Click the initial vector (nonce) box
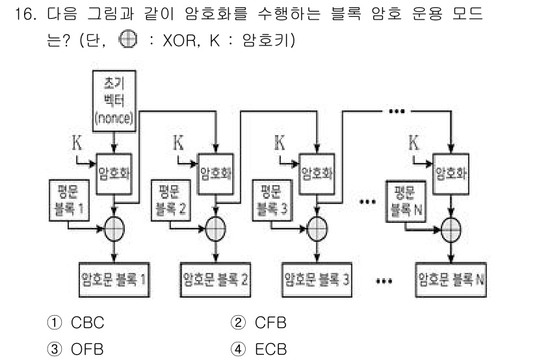point(114,101)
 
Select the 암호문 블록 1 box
point(114,281)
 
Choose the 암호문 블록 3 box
point(317,281)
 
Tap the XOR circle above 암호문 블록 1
point(115,229)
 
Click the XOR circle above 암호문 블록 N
point(451,229)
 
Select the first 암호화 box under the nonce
point(115,174)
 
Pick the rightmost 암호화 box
point(451,174)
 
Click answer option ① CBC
point(79,323)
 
